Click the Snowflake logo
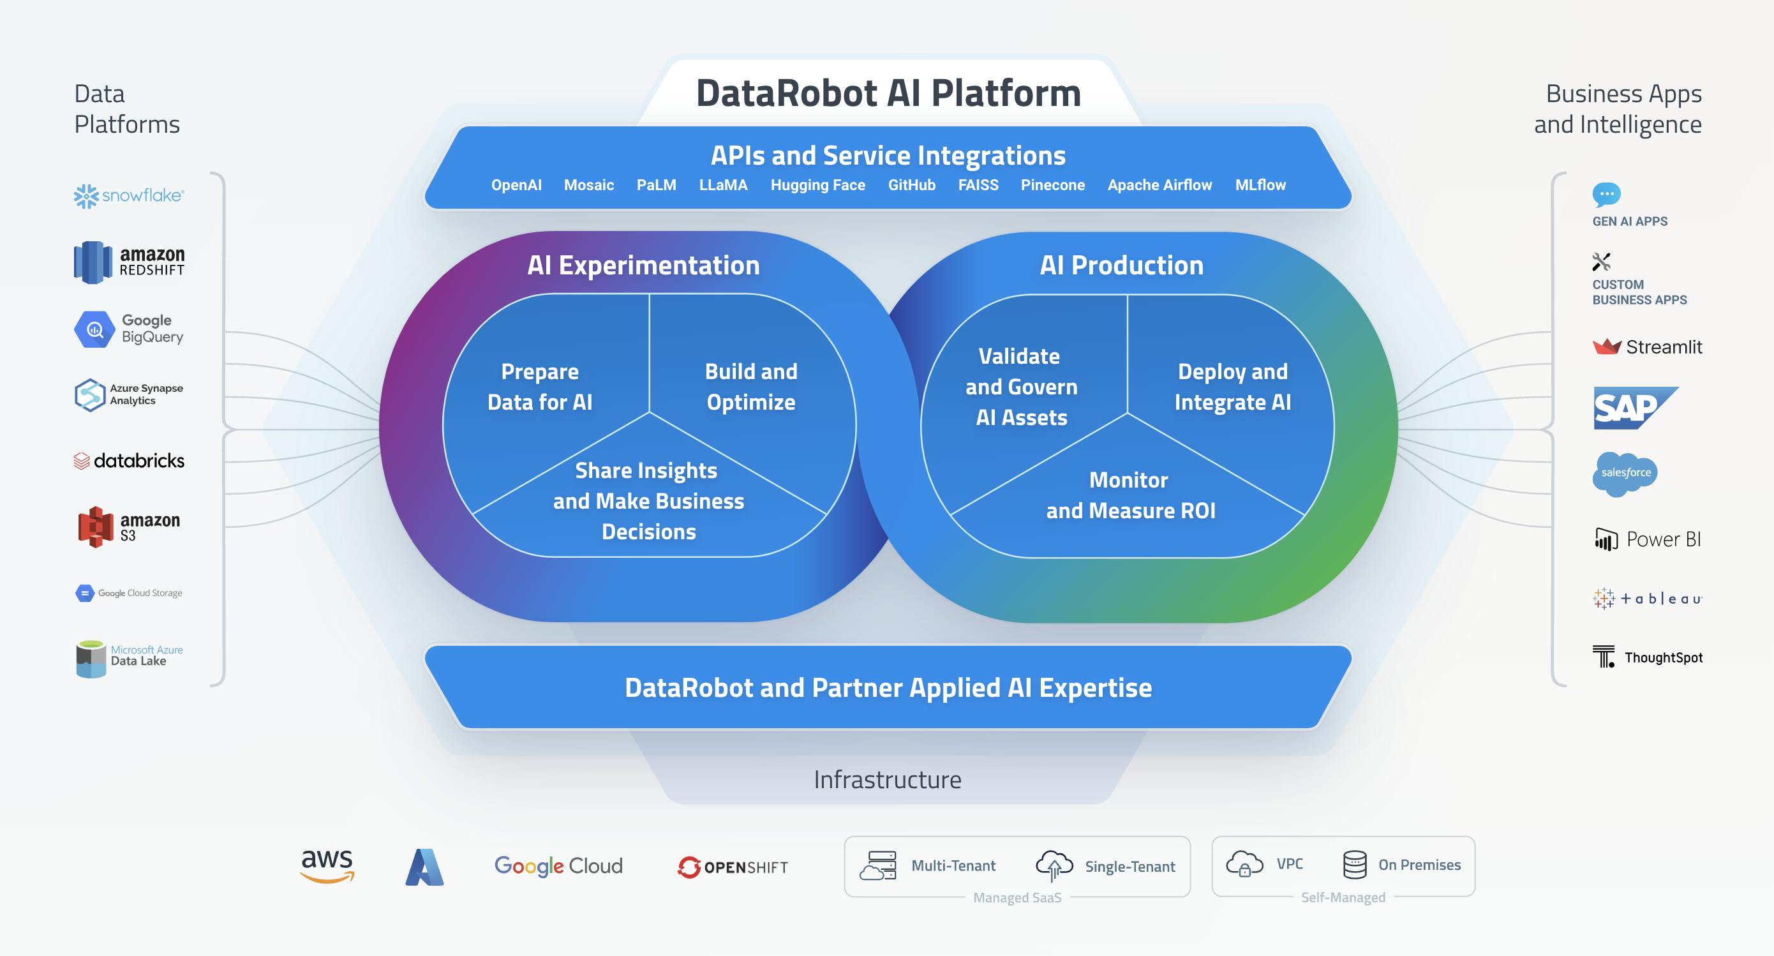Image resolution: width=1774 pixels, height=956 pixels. click(129, 196)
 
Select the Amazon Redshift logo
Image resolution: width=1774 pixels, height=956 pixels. click(130, 262)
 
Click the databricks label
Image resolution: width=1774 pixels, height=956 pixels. click(138, 461)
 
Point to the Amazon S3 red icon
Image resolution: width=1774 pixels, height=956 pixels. click(96, 527)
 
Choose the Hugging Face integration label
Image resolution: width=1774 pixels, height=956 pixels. click(817, 184)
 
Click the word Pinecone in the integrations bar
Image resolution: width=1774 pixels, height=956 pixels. click(1052, 184)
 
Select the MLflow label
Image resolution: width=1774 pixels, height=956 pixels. click(1260, 184)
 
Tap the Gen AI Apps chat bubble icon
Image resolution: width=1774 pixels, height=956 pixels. click(1606, 195)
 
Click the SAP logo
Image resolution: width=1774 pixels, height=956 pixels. click(1635, 408)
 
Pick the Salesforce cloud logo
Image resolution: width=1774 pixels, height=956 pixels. click(1625, 474)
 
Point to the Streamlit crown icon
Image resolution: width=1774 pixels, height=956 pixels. click(1607, 346)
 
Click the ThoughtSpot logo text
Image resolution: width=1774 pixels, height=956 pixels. click(1663, 658)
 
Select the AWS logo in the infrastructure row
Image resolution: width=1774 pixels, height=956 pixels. click(327, 866)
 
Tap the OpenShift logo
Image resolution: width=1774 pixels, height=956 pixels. click(733, 867)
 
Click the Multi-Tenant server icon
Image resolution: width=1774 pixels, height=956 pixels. click(878, 866)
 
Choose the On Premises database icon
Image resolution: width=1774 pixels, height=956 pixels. click(1355, 864)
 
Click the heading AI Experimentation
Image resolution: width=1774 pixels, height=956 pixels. click(643, 265)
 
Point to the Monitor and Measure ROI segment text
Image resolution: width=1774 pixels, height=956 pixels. click(1130, 495)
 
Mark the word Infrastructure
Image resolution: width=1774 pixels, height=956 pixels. click(887, 780)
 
